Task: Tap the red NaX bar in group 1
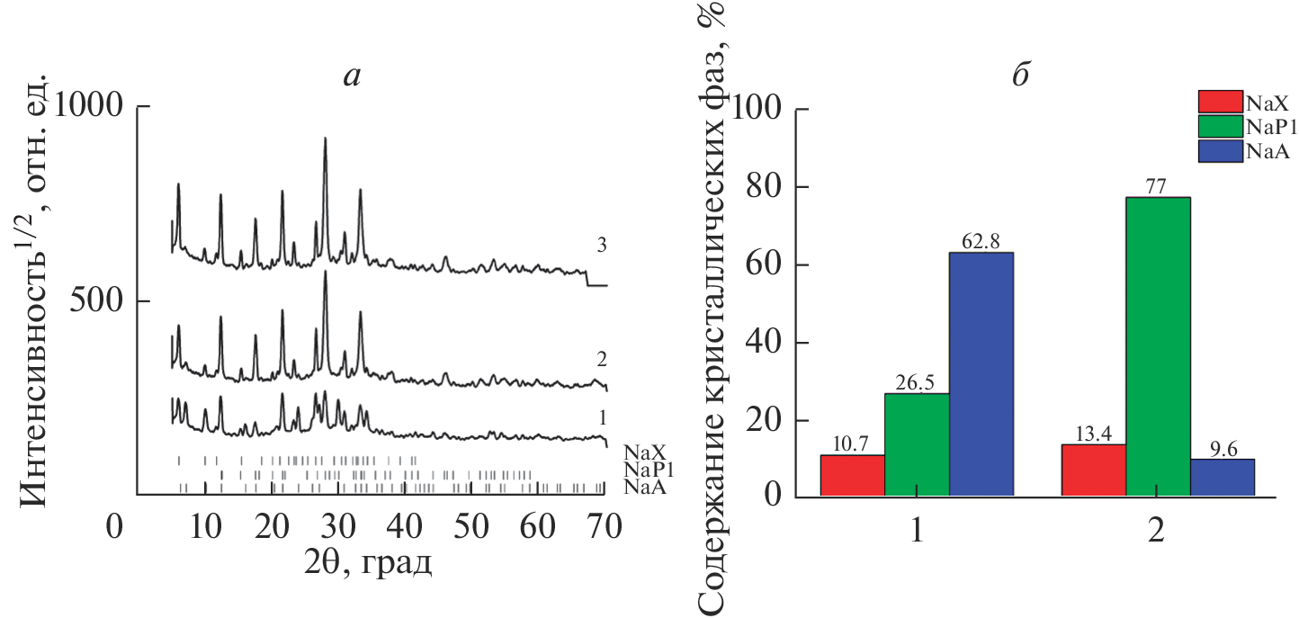click(x=852, y=475)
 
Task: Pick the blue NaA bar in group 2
click(x=1222, y=477)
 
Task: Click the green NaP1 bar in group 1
click(x=917, y=444)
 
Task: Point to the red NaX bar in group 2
click(x=1093, y=470)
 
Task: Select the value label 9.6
click(x=1223, y=449)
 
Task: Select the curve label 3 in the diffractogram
click(x=602, y=244)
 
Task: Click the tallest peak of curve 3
click(x=325, y=139)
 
